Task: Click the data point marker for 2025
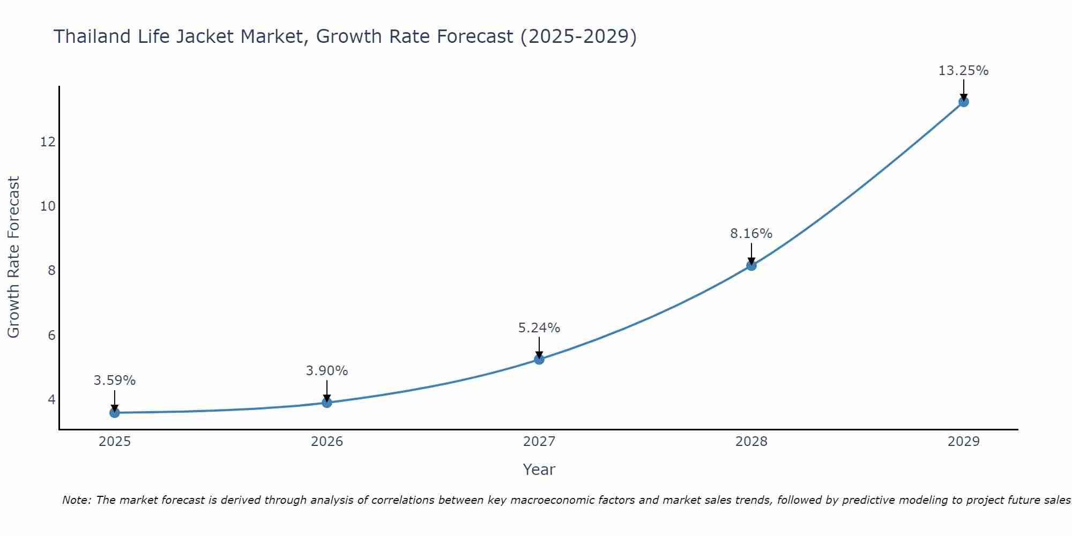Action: coord(115,413)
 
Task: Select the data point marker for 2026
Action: coord(327,403)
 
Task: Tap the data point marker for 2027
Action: coord(539,359)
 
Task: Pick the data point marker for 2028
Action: coord(751,265)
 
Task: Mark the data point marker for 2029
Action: coord(963,102)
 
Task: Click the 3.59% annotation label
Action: coord(115,381)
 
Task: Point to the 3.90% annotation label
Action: coord(327,371)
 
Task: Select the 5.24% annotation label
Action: coord(539,328)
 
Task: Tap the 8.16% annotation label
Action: coord(751,234)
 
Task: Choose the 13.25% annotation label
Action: coord(963,71)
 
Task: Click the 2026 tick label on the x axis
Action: coord(327,442)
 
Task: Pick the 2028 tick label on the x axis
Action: coord(751,442)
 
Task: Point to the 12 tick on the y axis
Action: coord(48,142)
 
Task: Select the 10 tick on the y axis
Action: coord(48,206)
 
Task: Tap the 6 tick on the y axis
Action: coord(51,336)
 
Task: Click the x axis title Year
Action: coord(539,470)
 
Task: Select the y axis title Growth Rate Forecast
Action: coord(13,257)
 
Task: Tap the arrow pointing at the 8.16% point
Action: coord(751,254)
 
